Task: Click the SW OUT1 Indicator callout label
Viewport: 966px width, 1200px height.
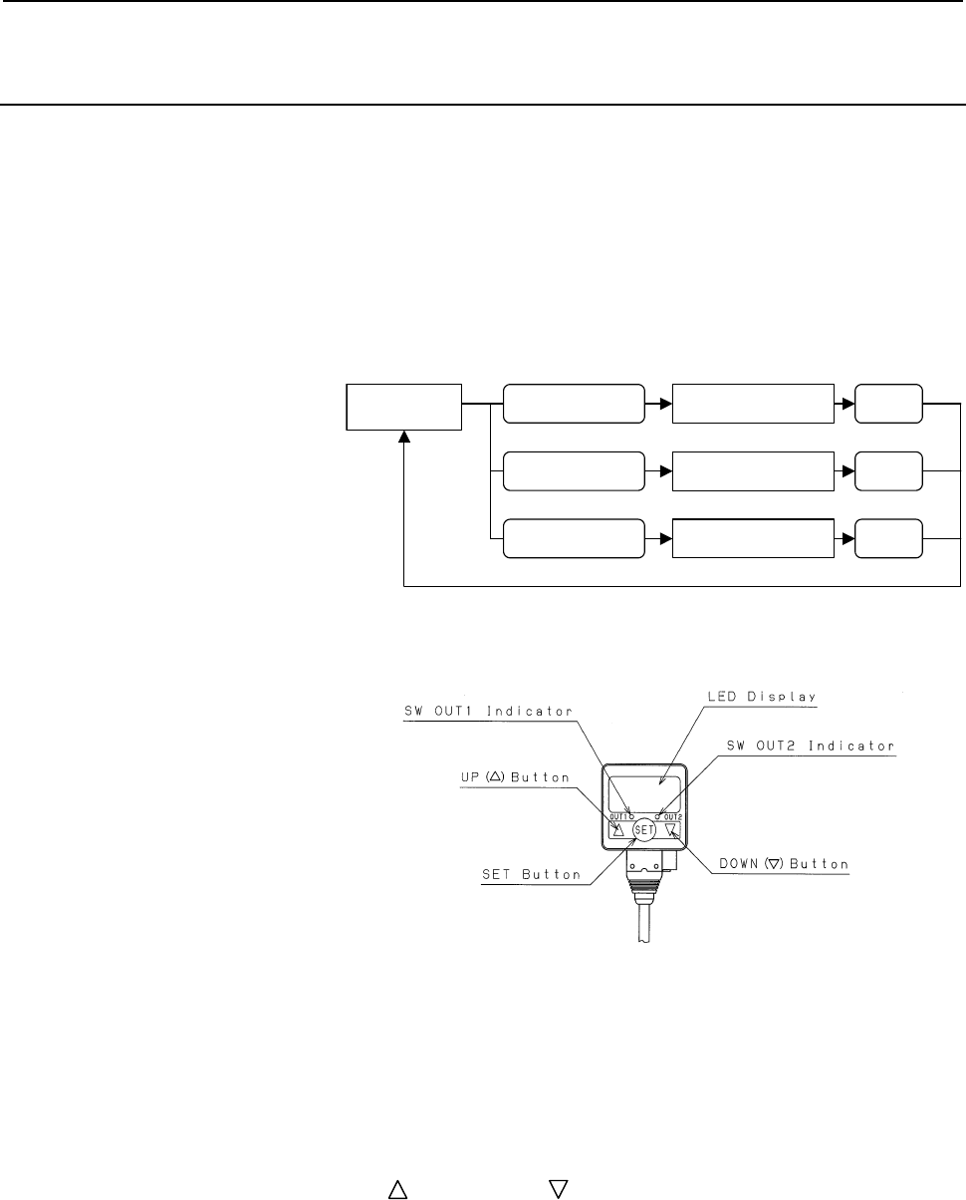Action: coord(488,711)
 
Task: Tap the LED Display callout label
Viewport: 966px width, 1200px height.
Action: coord(762,697)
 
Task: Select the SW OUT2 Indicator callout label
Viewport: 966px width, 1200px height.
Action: coord(810,746)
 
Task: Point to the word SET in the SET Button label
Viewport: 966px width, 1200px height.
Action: coord(496,874)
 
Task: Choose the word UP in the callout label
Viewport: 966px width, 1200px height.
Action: coord(470,777)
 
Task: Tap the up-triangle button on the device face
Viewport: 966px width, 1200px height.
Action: coord(617,830)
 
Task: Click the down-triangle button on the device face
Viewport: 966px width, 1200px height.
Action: coord(670,830)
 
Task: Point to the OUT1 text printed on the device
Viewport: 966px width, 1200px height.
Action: coord(618,817)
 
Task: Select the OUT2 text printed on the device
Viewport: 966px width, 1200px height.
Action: coord(673,817)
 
